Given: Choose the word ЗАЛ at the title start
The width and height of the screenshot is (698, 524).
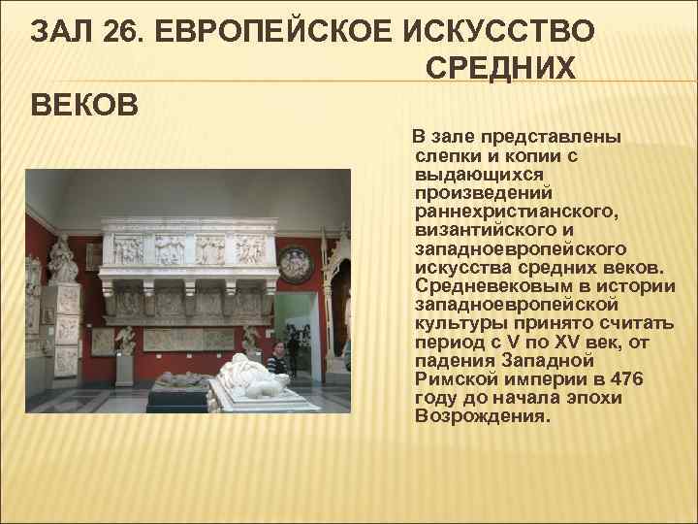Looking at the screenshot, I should [x=61, y=31].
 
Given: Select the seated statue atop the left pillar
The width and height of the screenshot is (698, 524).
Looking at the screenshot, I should [x=64, y=255].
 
